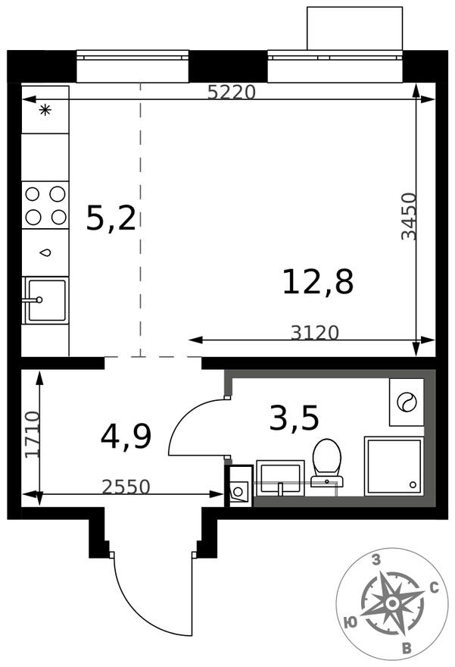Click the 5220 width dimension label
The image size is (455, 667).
tap(232, 92)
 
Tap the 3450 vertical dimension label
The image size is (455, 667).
tap(409, 217)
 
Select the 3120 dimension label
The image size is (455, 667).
tap(315, 333)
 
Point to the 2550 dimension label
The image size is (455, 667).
tap(126, 487)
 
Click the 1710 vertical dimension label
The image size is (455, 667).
tap(33, 434)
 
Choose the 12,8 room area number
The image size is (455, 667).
tap(318, 282)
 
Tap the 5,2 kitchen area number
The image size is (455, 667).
tap(111, 218)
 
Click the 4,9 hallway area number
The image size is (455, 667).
tap(126, 437)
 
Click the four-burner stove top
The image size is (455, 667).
tap(45, 205)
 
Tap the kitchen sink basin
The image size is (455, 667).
tap(46, 299)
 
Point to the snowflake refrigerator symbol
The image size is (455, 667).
tap(45, 110)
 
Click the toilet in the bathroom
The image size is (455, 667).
tap(327, 463)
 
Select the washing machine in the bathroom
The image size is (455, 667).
tap(407, 402)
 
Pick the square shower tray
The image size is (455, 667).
tap(394, 466)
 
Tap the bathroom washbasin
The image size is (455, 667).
tap(280, 478)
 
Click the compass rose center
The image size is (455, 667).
tap(392, 603)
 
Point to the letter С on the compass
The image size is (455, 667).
tap(435, 588)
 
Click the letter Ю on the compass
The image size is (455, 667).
tap(350, 623)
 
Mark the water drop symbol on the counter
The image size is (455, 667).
tap(45, 252)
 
